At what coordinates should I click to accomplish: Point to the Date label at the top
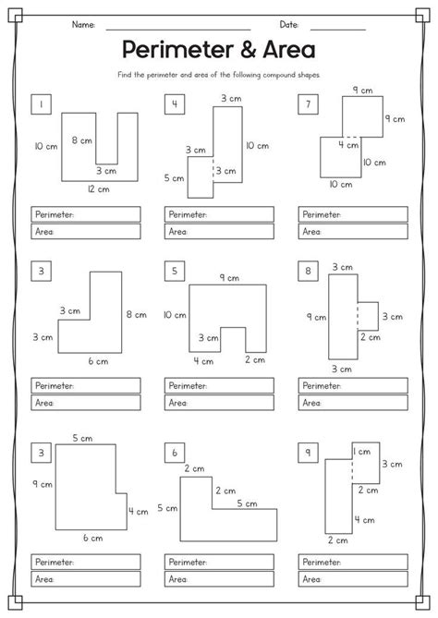pyautogui.click(x=289, y=23)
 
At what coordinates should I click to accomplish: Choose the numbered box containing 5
pyautogui.click(x=173, y=271)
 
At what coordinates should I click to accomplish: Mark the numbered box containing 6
pyautogui.click(x=173, y=452)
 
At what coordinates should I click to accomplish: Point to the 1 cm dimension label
pyautogui.click(x=363, y=451)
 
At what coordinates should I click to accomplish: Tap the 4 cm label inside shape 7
pyautogui.click(x=347, y=145)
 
